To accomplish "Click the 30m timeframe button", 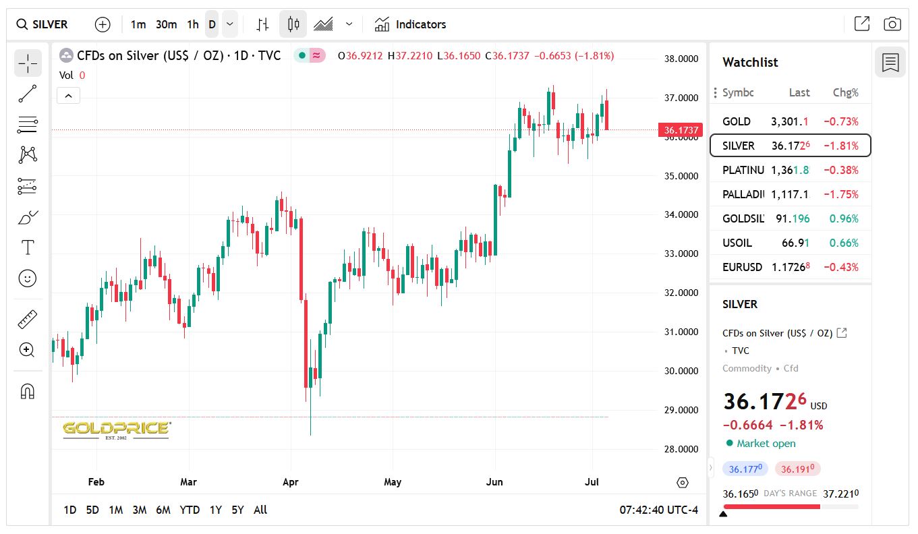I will pos(166,24).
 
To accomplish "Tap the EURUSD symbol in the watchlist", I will pos(742,267).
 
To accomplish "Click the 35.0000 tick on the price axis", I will pos(681,176).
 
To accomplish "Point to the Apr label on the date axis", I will pos(291,482).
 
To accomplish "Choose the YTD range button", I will pos(190,510).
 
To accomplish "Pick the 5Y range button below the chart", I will pos(237,510).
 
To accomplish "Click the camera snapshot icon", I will pos(892,24).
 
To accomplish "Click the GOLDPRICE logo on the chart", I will pos(116,429).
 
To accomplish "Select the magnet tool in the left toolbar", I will pos(28,391).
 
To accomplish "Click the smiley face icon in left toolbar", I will pos(28,278).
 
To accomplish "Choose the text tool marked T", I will pos(28,247).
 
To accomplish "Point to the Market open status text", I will pos(766,443).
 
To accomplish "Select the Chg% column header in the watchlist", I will pos(846,92).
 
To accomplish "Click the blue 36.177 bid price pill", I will pos(745,469).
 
